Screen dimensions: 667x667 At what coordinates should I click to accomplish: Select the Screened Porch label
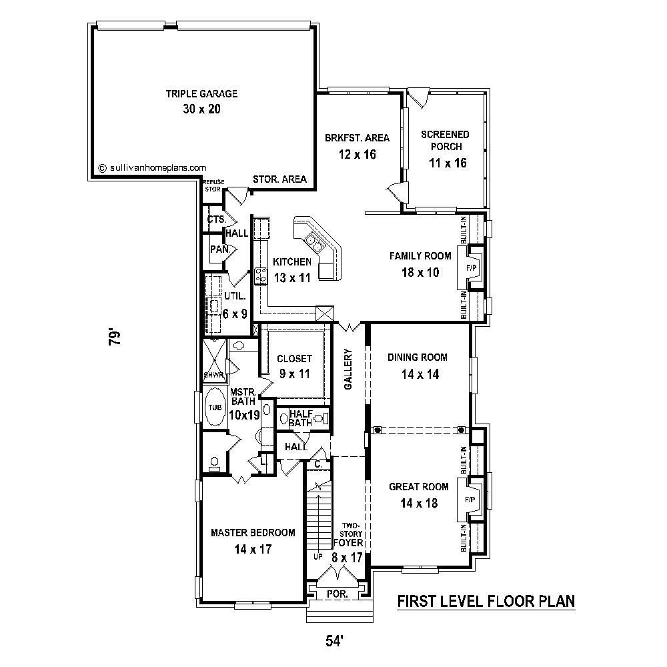(x=445, y=141)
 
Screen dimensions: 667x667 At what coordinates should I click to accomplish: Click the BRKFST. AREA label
(x=357, y=138)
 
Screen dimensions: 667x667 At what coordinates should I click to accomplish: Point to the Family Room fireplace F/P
(x=472, y=267)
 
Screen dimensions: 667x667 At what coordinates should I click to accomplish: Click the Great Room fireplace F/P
(x=470, y=500)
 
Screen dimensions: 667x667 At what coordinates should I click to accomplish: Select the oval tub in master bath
(x=214, y=407)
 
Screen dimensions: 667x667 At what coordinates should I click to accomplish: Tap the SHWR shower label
(x=213, y=375)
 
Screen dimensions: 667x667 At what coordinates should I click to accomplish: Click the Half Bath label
(x=301, y=418)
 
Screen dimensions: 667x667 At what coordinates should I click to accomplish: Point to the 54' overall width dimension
(x=334, y=642)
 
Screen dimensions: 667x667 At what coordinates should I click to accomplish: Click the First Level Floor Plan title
(x=486, y=602)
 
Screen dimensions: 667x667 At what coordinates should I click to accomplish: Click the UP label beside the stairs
(x=318, y=556)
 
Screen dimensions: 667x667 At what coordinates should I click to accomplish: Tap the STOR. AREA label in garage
(x=279, y=179)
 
